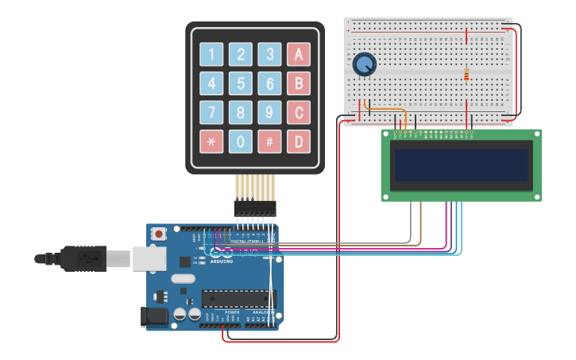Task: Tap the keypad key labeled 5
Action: (x=241, y=83)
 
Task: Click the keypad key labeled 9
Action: (x=270, y=113)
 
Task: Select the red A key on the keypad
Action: (x=299, y=54)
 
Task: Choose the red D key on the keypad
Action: (x=299, y=141)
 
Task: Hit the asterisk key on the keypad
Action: (x=211, y=141)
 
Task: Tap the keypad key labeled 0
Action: (x=241, y=141)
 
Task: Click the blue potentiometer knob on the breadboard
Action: (x=364, y=64)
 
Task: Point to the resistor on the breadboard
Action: (x=466, y=74)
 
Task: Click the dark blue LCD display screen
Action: (x=461, y=165)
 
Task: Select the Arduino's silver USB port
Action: (x=149, y=258)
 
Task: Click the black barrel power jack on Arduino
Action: (x=155, y=316)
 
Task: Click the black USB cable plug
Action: (x=83, y=258)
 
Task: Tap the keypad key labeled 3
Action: (x=270, y=54)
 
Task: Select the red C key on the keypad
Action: (x=299, y=113)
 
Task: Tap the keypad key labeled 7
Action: (x=211, y=113)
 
